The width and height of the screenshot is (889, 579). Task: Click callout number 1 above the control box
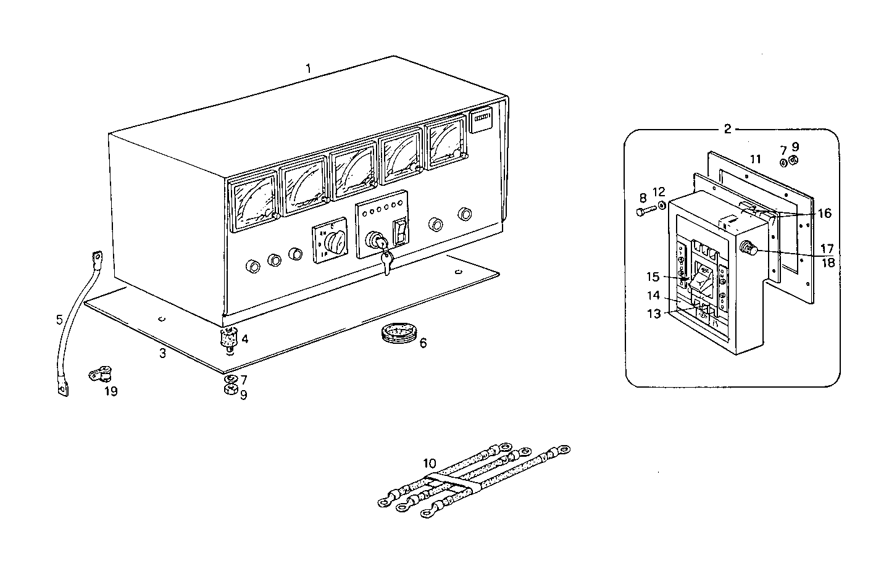coord(308,68)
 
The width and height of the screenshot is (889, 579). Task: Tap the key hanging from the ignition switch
coord(386,262)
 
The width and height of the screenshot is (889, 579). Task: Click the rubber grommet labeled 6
coord(395,336)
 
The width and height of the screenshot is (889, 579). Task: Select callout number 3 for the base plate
coord(162,353)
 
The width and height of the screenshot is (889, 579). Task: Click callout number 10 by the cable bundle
coord(430,463)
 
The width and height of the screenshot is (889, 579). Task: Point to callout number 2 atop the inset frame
coord(727,128)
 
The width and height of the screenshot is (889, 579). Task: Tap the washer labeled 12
coord(662,205)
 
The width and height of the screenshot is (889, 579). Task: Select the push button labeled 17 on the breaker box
coord(748,249)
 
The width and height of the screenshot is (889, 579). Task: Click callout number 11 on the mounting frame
coord(755,159)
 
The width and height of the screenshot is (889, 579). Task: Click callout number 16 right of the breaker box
coord(825,214)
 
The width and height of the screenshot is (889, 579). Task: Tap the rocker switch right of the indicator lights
coord(401,231)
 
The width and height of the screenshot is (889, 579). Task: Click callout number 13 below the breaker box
coord(654,314)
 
